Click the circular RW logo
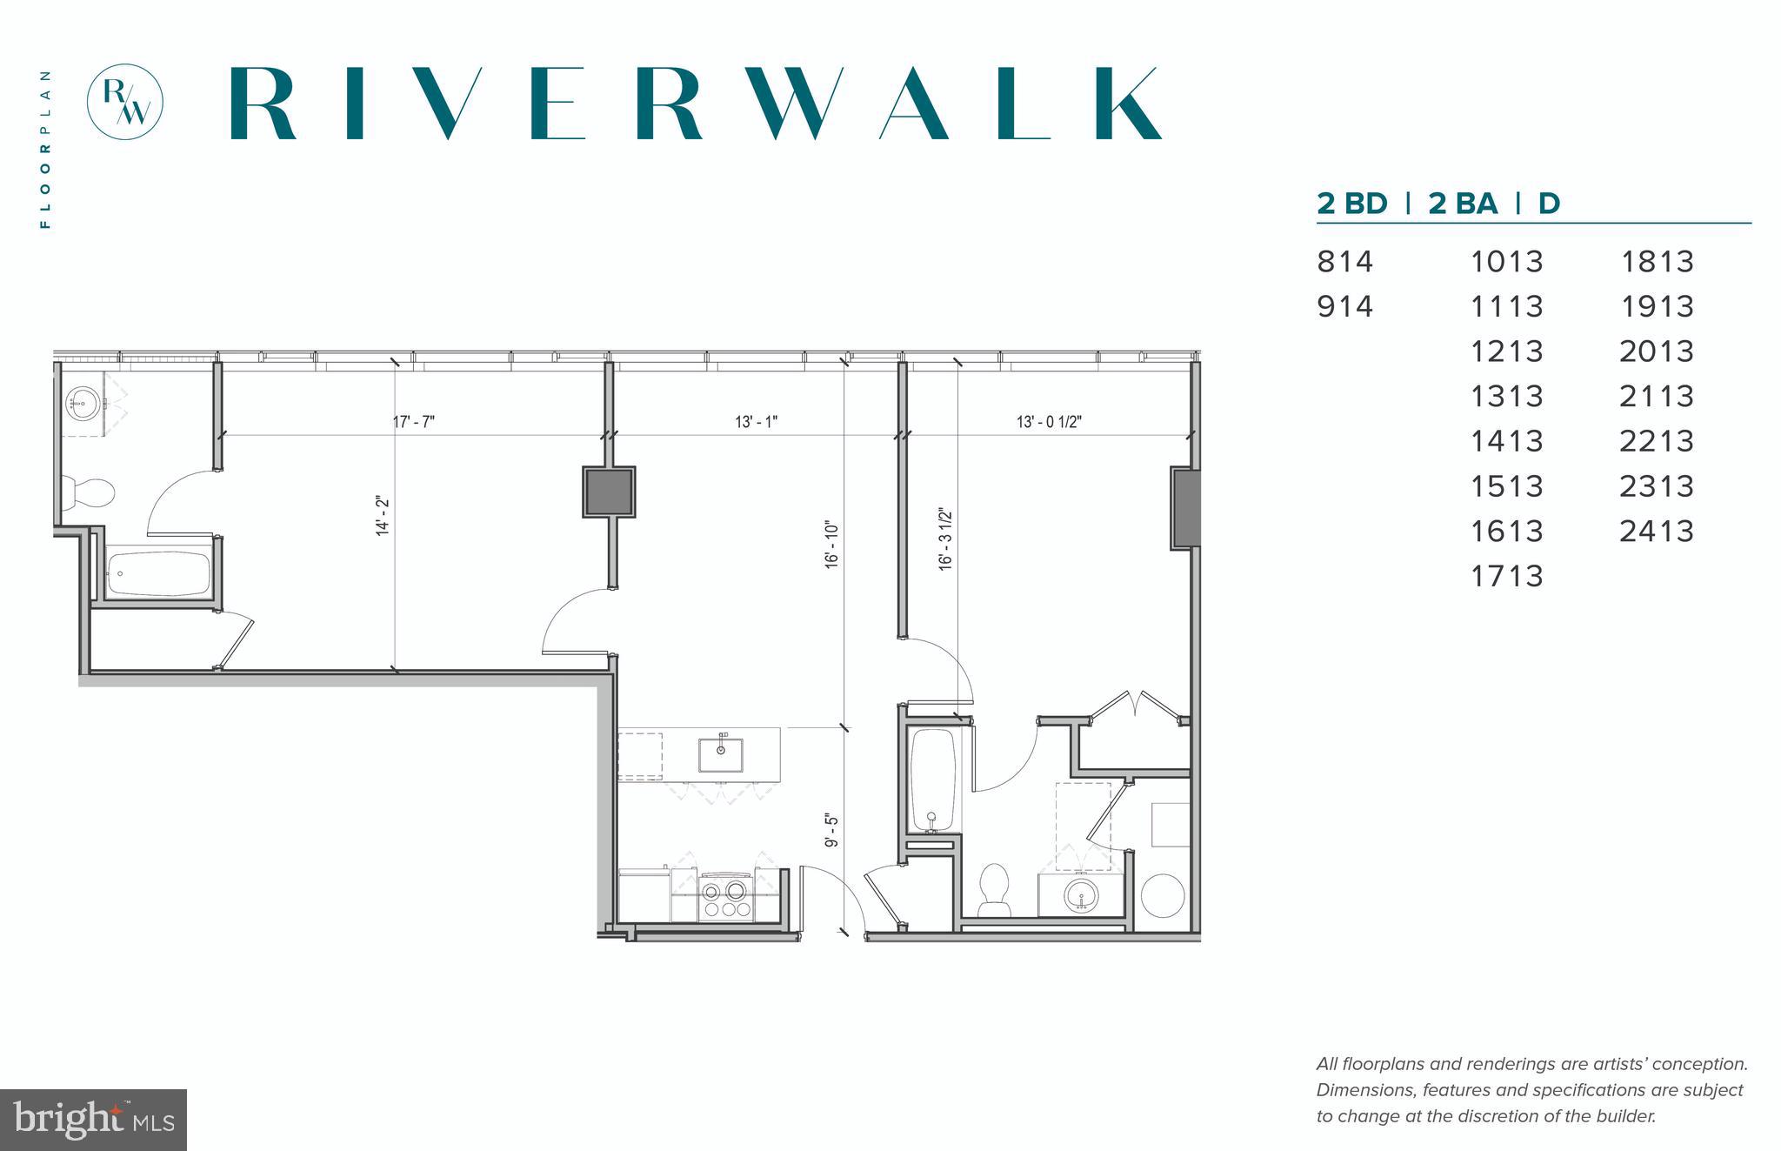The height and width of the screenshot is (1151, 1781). [x=125, y=101]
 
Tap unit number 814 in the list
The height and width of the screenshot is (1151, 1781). [x=1344, y=261]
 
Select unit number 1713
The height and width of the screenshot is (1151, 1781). [x=1506, y=576]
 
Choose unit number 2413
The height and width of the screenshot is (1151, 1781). [x=1656, y=531]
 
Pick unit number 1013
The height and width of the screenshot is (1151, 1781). [x=1506, y=261]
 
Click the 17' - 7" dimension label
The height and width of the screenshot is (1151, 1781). [x=414, y=422]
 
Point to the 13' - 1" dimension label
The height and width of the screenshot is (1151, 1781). [x=756, y=422]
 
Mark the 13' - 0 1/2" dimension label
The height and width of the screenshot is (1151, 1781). [x=1049, y=422]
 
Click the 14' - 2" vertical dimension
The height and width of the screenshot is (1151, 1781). [x=383, y=517]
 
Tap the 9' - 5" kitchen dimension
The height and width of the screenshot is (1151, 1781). [x=832, y=831]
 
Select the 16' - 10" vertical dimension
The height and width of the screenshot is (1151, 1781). [x=832, y=545]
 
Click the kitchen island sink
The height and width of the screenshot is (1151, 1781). [x=721, y=753]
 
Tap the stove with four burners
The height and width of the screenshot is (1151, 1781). [x=724, y=899]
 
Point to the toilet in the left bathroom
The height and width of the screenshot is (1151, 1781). [x=91, y=492]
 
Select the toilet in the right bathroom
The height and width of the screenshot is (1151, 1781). [x=994, y=887]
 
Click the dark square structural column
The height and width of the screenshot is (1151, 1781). [x=609, y=492]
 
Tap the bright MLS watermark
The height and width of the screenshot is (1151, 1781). [x=93, y=1120]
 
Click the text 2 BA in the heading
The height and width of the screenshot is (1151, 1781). [x=1463, y=204]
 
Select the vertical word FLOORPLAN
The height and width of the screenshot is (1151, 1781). [x=45, y=149]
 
